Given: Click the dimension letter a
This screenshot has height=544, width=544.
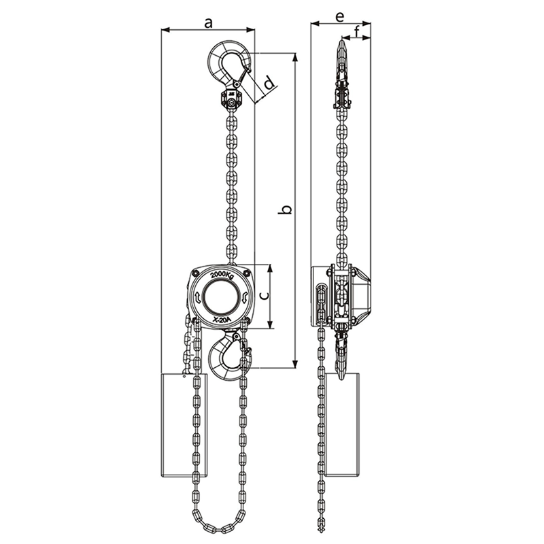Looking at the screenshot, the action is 208,23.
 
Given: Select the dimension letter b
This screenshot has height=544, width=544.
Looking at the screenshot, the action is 286,209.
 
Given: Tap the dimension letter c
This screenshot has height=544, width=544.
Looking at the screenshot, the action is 264,295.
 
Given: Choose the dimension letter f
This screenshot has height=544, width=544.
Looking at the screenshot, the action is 356,32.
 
